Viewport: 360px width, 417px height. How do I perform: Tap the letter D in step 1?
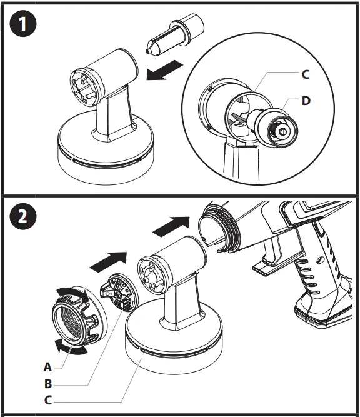tap(306, 101)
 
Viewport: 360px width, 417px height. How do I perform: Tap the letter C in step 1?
tap(306, 74)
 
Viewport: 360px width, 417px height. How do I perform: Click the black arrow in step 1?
tap(166, 69)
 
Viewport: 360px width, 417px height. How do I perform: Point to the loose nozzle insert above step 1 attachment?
tap(176, 34)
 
